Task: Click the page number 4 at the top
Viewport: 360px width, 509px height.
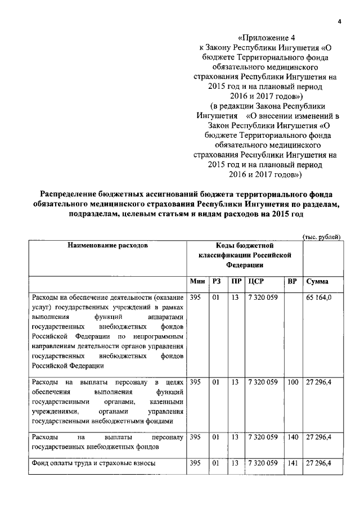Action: click(339, 21)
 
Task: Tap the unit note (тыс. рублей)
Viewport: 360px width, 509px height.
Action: click(322, 237)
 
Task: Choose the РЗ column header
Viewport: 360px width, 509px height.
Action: click(215, 281)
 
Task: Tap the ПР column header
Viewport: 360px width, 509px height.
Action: click(236, 281)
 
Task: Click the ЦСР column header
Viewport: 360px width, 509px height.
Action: click(256, 281)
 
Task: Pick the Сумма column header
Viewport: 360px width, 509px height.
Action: click(318, 281)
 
